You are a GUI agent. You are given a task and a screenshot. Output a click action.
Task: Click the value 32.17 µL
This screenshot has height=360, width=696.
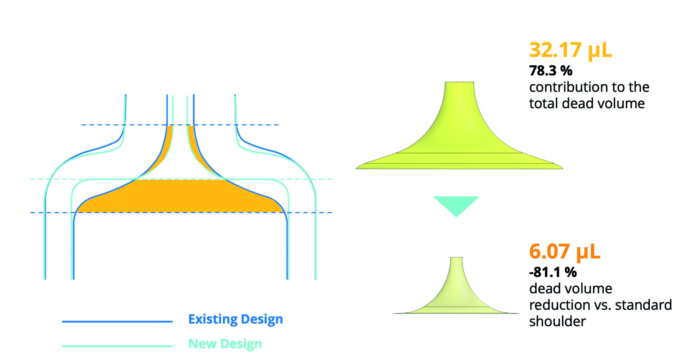click(x=570, y=50)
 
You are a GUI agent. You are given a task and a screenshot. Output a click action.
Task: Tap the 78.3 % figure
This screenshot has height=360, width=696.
click(x=551, y=71)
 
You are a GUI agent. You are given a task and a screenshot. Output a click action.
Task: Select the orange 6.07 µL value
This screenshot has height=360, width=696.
click(x=564, y=252)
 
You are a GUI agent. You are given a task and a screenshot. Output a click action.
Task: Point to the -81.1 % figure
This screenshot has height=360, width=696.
click(x=553, y=272)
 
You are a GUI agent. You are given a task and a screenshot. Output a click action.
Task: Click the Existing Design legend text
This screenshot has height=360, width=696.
click(x=236, y=320)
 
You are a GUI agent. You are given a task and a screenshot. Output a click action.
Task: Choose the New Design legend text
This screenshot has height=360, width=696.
click(x=225, y=344)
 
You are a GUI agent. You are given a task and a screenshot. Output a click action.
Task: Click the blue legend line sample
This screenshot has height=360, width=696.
click(x=117, y=321)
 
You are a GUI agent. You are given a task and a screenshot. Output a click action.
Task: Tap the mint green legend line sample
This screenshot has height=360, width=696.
click(x=117, y=346)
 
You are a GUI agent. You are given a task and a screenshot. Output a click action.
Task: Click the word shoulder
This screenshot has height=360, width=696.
click(x=557, y=322)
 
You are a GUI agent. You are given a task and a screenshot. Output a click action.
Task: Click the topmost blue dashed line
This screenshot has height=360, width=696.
click(x=180, y=125)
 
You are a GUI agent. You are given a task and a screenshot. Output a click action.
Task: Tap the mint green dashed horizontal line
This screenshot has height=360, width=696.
click(x=181, y=179)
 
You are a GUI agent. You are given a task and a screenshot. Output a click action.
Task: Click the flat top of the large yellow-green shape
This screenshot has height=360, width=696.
click(x=459, y=82)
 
